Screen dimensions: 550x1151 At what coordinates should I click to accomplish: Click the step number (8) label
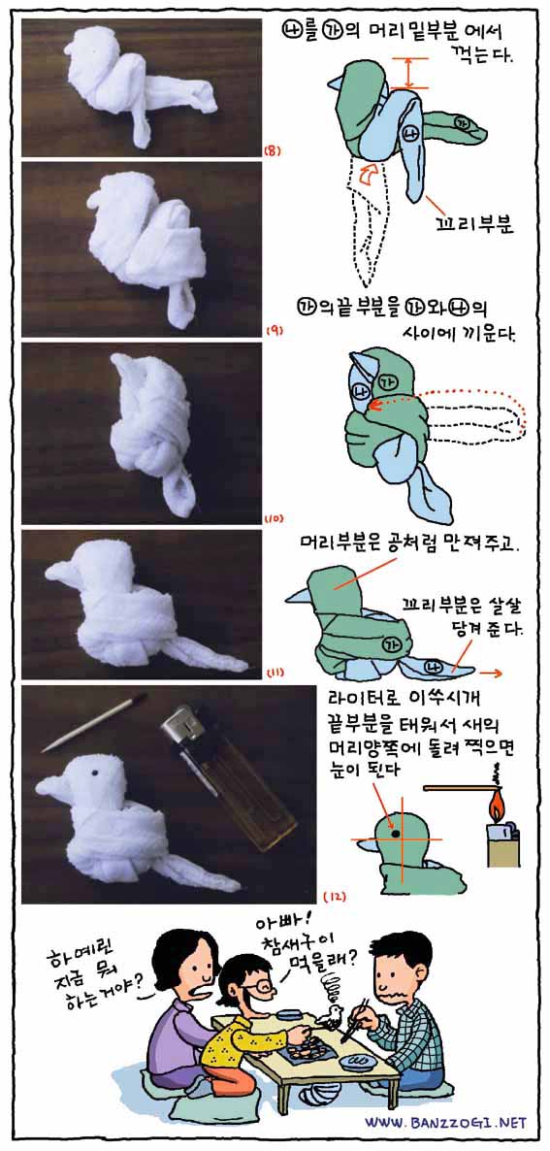tap(269, 152)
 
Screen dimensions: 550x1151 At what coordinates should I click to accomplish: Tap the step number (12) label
tap(335, 897)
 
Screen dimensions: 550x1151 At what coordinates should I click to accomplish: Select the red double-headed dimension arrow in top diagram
tap(409, 73)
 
